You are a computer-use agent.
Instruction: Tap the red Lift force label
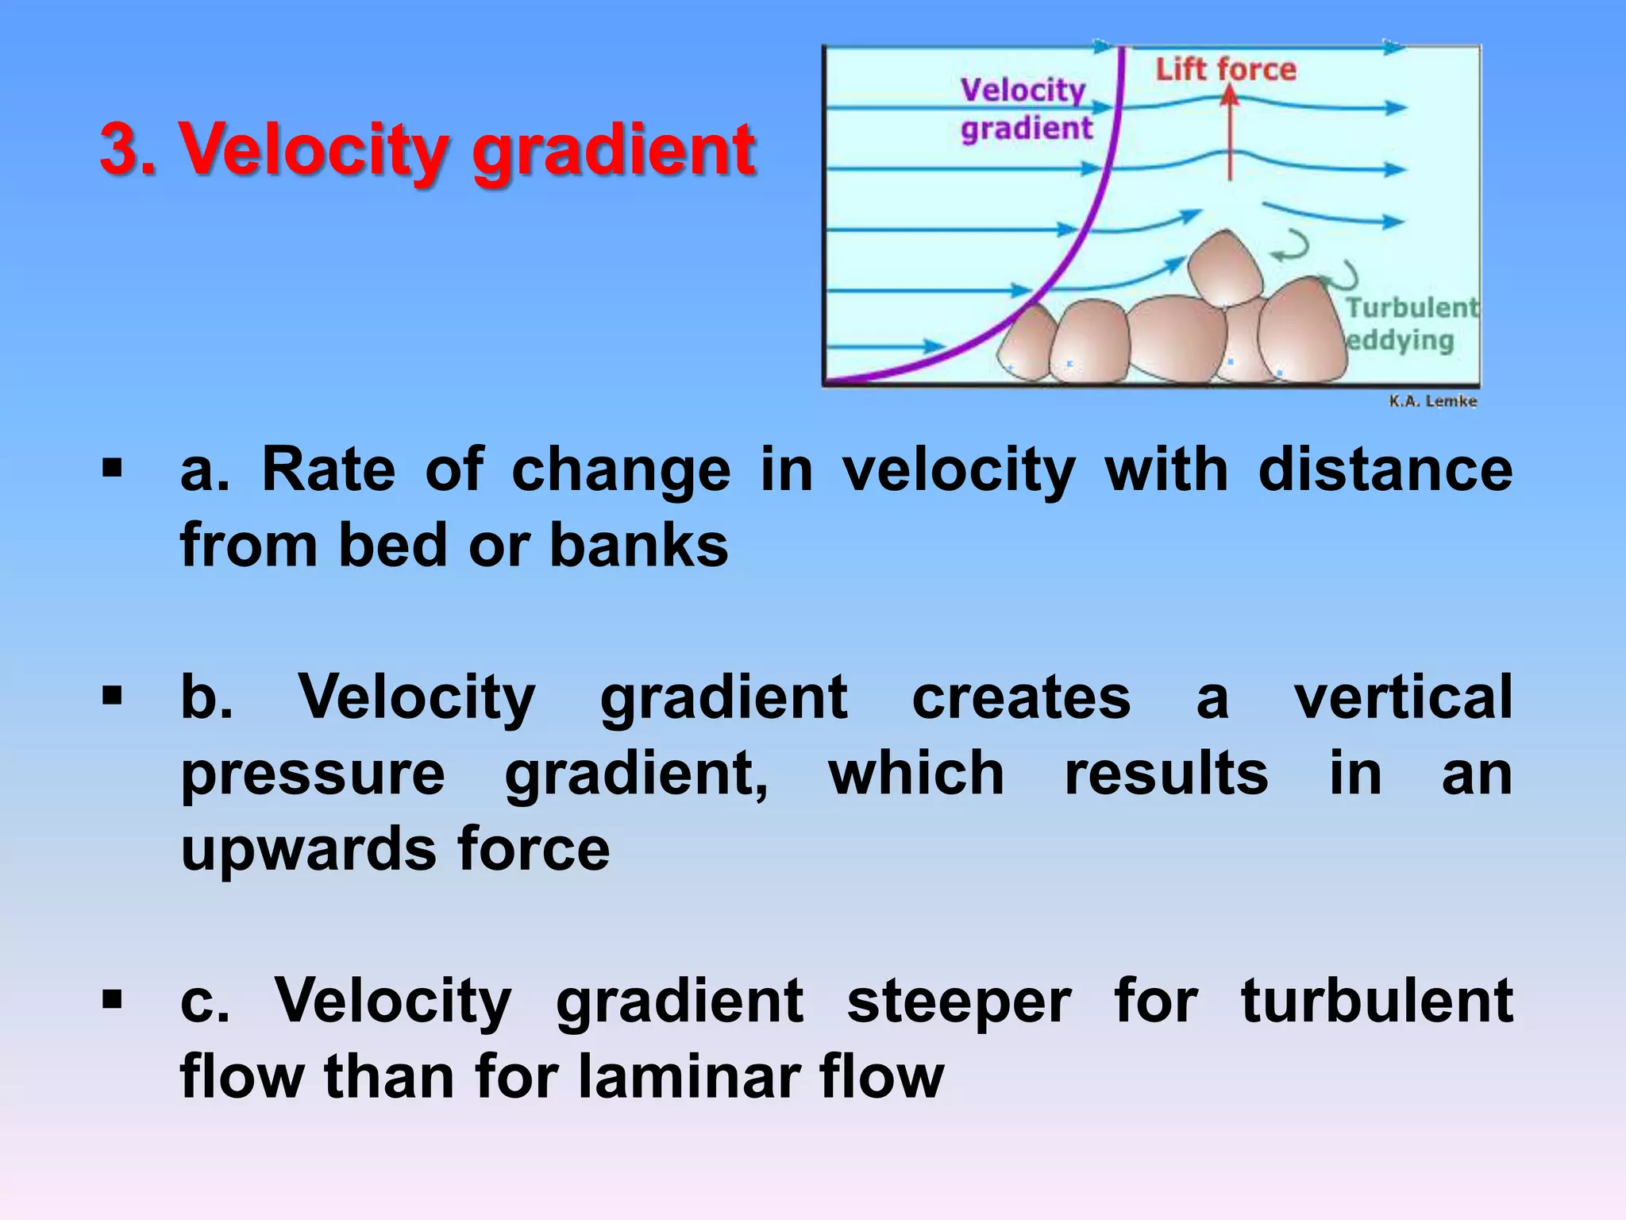coord(1225,70)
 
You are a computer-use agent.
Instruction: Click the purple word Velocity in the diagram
coord(1022,91)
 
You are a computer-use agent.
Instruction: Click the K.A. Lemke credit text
coord(1432,401)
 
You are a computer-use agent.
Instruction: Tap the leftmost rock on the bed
coord(1028,344)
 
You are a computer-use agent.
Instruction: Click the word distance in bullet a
coord(1385,470)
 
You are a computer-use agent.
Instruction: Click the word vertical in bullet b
coord(1403,697)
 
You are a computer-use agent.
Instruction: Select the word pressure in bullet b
coord(313,774)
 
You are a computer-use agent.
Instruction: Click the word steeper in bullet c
coord(959,1002)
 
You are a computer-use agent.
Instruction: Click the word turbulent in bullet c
coord(1377,1002)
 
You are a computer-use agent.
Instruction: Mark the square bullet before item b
coord(113,697)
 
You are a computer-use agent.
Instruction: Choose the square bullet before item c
coord(113,1000)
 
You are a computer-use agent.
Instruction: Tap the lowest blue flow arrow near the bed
coord(885,346)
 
